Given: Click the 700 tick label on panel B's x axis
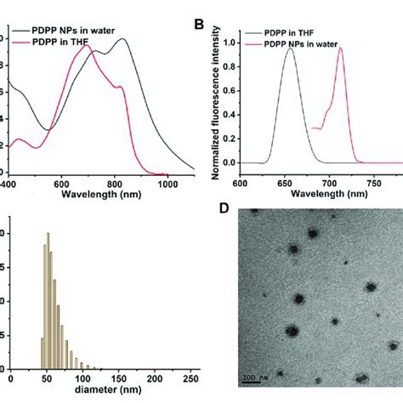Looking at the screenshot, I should pos(338,181).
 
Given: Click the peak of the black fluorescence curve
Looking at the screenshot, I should pos(290,48).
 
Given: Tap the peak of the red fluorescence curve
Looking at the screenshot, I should pos(341,48).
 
